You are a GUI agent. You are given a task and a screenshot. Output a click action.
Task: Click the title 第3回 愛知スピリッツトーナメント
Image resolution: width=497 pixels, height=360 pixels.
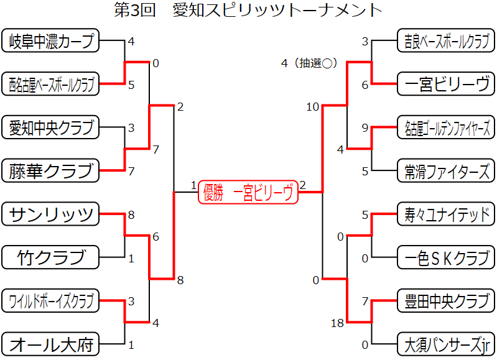[x=248, y=11]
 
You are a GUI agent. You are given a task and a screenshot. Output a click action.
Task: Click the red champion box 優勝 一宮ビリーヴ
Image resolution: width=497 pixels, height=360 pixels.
[x=248, y=193]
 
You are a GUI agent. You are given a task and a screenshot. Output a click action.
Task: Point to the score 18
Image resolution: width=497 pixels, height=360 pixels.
[x=338, y=323]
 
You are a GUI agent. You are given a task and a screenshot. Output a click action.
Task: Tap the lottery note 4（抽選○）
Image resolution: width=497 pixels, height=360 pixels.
[x=309, y=63]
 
